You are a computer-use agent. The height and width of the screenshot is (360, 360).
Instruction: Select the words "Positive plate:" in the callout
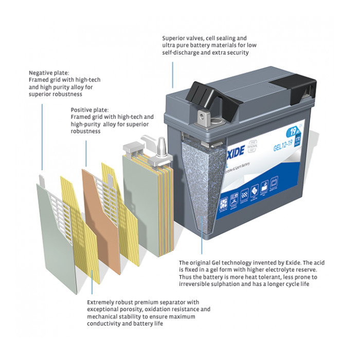[90, 110]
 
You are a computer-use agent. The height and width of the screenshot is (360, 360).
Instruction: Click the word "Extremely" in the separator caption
[103, 302]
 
